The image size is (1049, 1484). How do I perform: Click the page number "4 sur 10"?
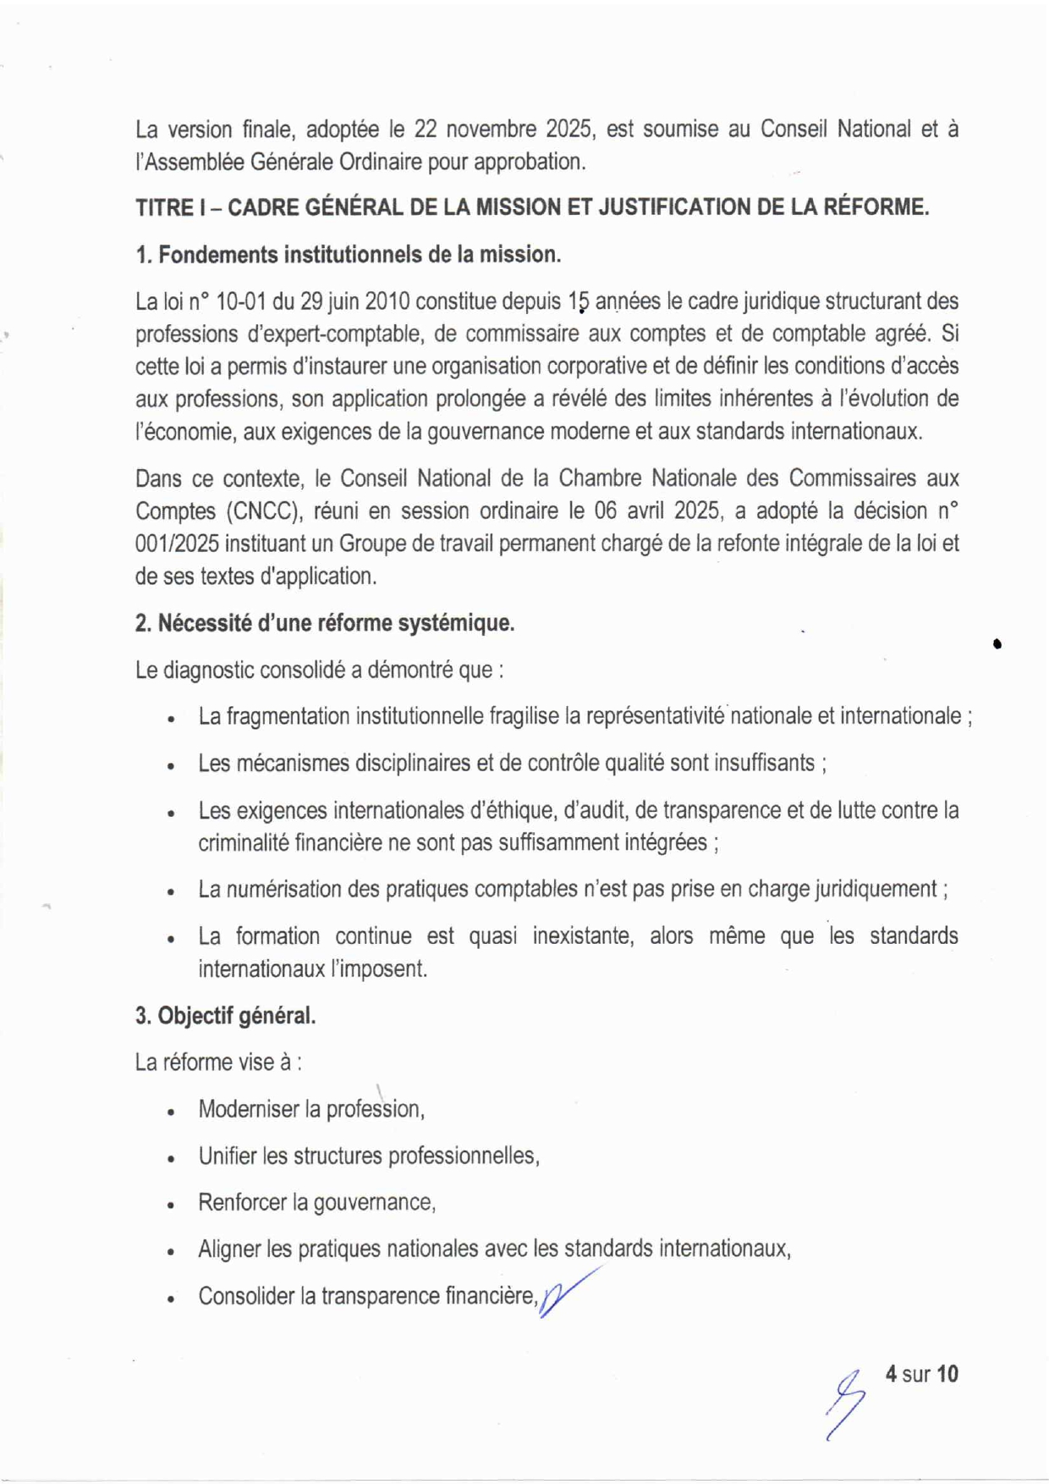point(921,1373)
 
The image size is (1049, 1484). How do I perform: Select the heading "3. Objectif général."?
point(225,1015)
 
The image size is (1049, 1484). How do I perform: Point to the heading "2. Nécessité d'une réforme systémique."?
point(325,623)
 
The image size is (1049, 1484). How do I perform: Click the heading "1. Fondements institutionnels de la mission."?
point(348,254)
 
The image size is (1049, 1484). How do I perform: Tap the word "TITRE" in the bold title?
point(164,207)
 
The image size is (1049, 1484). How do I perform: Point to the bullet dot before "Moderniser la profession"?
point(171,1112)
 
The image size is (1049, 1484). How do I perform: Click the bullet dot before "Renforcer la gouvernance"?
point(171,1205)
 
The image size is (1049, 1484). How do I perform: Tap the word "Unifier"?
point(227,1156)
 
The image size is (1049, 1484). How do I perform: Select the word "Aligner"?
point(228,1249)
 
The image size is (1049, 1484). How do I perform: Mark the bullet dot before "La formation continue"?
point(171,938)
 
